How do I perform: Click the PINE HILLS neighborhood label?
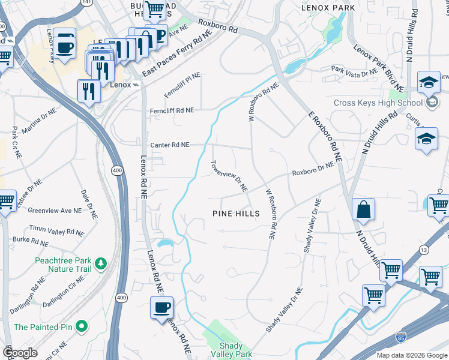(x=237, y=214)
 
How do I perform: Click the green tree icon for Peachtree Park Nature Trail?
(x=101, y=263)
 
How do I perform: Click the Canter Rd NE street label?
(x=170, y=145)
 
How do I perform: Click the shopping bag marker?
(x=364, y=211)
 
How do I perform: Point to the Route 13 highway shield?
(x=424, y=250)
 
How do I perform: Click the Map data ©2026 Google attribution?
(x=411, y=355)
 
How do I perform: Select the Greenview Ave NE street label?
(x=55, y=211)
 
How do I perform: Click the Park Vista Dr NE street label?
(x=354, y=71)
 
